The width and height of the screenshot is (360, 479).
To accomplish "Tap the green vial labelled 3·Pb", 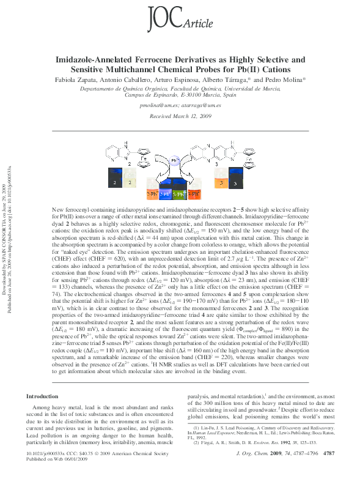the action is tap(178, 195).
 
